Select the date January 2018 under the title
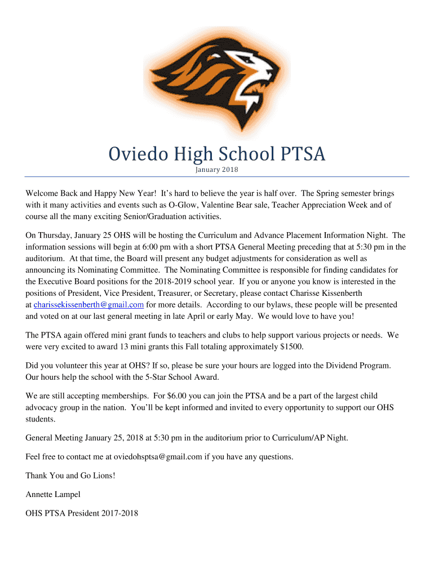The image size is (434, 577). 217,170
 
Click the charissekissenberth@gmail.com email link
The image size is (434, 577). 88,305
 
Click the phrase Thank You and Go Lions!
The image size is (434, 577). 70,476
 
